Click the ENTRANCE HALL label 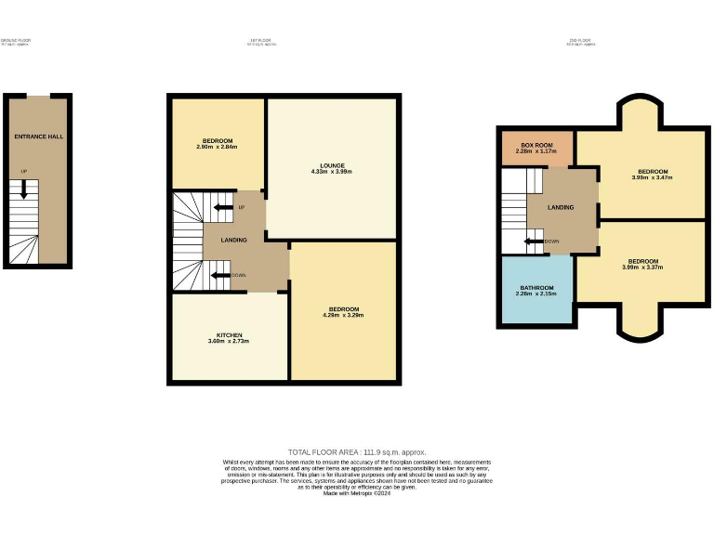point(38,137)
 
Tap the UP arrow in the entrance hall point(24,189)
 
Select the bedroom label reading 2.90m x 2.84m point(217,144)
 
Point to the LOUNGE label point(331,168)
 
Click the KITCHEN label point(230,338)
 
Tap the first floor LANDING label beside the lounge point(233,241)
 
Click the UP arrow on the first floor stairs point(223,207)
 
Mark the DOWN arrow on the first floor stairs point(220,275)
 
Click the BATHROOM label point(536,291)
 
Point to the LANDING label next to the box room point(561,207)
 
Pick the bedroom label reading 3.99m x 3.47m point(651,175)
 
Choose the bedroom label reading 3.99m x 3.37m point(642,265)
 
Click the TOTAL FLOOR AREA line point(357,451)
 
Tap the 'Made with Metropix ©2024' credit point(357,494)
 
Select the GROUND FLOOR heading point(16,41)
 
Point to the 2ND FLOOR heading point(580,41)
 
